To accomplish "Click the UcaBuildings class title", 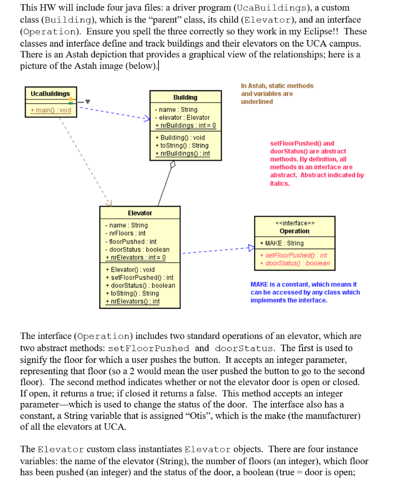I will pos(50,94).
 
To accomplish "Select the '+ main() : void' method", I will pos(51,110).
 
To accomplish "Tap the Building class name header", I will pos(185,97).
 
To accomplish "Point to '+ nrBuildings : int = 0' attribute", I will pos(185,125).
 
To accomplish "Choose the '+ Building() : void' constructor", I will pos(180,137).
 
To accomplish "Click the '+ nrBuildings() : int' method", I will pos(182,153).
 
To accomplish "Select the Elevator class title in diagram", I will pos(140,213).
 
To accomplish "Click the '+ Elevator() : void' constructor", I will pos(130,270).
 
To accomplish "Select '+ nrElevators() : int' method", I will pos(132,301).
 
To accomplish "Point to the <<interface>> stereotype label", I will pos(295,223).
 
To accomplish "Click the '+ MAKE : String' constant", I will pos(282,243).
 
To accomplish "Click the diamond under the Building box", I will pos(173,164).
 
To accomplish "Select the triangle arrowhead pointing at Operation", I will pos(251,248).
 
